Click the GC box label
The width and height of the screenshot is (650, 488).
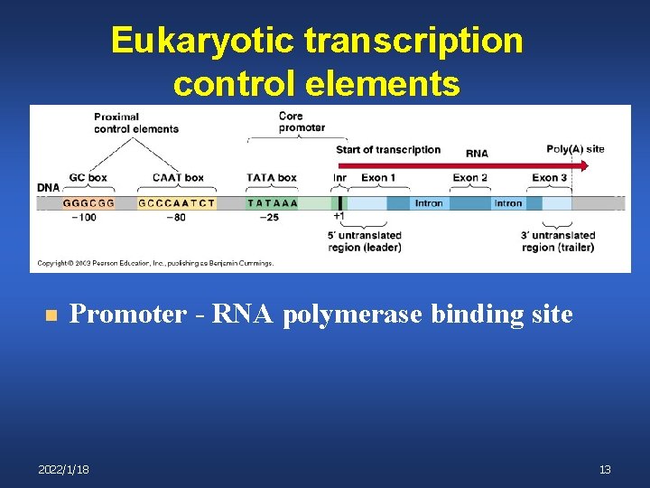point(88,178)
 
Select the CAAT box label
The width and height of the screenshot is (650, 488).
point(178,178)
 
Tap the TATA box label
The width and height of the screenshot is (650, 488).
point(272,178)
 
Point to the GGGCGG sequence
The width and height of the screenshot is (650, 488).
point(88,203)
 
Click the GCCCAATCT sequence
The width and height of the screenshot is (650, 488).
point(177,203)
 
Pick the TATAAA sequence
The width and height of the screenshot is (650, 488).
point(273,203)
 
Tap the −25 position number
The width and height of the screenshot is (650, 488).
point(268,218)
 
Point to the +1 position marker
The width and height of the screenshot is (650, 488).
point(339,217)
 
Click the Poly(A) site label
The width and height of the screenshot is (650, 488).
point(575,149)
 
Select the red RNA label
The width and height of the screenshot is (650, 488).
point(477,154)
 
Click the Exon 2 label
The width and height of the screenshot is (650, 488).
point(470,178)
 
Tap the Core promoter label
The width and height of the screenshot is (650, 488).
point(302,122)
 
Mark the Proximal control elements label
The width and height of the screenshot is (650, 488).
point(136,122)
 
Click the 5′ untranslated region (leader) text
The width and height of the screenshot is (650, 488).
point(364,241)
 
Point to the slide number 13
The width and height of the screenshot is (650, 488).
point(605,470)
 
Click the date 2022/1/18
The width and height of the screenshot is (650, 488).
point(64,470)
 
